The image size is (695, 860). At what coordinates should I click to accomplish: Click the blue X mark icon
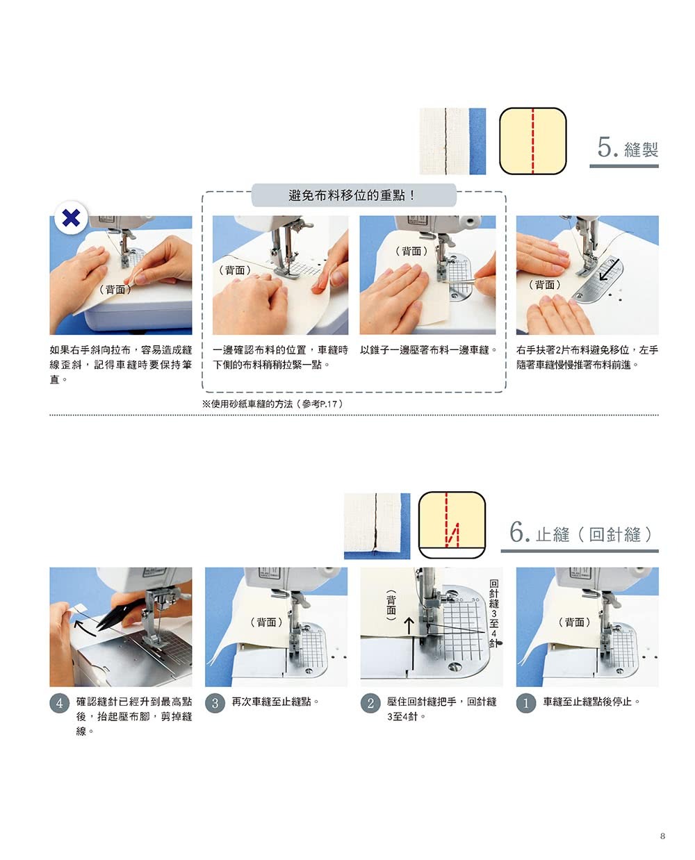pyautogui.click(x=71, y=217)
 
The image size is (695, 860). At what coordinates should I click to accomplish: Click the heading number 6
pyautogui.click(x=519, y=531)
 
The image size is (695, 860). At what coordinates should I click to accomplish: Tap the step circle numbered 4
pyautogui.click(x=59, y=704)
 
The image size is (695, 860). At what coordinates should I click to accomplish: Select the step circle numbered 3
pyautogui.click(x=215, y=704)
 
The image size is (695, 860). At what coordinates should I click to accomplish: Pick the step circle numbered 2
pyautogui.click(x=370, y=704)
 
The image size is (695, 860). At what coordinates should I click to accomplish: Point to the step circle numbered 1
pyautogui.click(x=526, y=704)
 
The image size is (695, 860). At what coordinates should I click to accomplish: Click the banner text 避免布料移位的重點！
pyautogui.click(x=352, y=195)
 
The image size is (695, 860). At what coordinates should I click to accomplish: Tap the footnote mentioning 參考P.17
pyautogui.click(x=273, y=404)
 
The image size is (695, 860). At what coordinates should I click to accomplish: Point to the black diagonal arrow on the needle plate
pyautogui.click(x=609, y=270)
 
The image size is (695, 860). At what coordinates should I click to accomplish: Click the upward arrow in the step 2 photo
pyautogui.click(x=409, y=625)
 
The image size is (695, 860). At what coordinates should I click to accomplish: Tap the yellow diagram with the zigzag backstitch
pyautogui.click(x=452, y=525)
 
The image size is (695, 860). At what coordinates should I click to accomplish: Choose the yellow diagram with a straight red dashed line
pyautogui.click(x=532, y=141)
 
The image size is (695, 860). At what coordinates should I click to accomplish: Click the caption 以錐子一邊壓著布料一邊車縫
pyautogui.click(x=428, y=350)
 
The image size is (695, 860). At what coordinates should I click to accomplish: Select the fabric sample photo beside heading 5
pyautogui.click(x=452, y=141)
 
